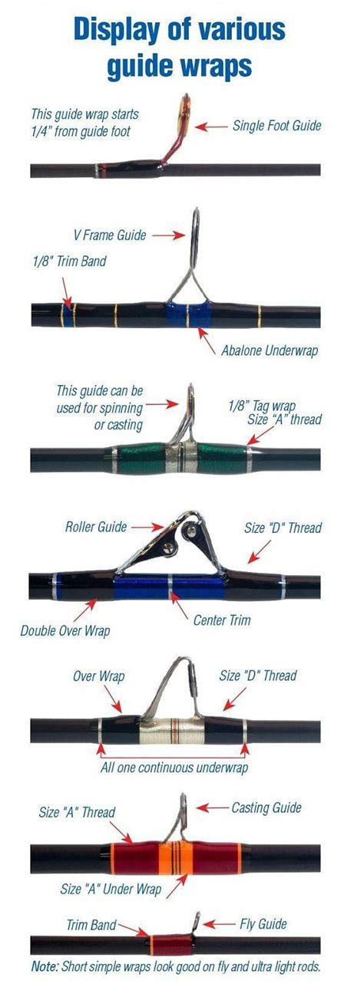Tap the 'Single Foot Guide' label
[x=277, y=126]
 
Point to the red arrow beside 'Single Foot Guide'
[x=211, y=127]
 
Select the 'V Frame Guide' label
[x=110, y=235]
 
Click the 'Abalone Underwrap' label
[x=270, y=351]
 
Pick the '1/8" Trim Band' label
[x=70, y=261]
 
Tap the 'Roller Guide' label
[x=96, y=527]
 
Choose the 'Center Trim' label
[x=222, y=620]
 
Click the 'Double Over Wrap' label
[x=65, y=630]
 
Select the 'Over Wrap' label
[x=99, y=676]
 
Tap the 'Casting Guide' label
[x=266, y=808]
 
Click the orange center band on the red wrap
[x=176, y=858]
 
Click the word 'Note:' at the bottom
[x=45, y=966]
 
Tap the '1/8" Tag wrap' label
[x=262, y=406]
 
